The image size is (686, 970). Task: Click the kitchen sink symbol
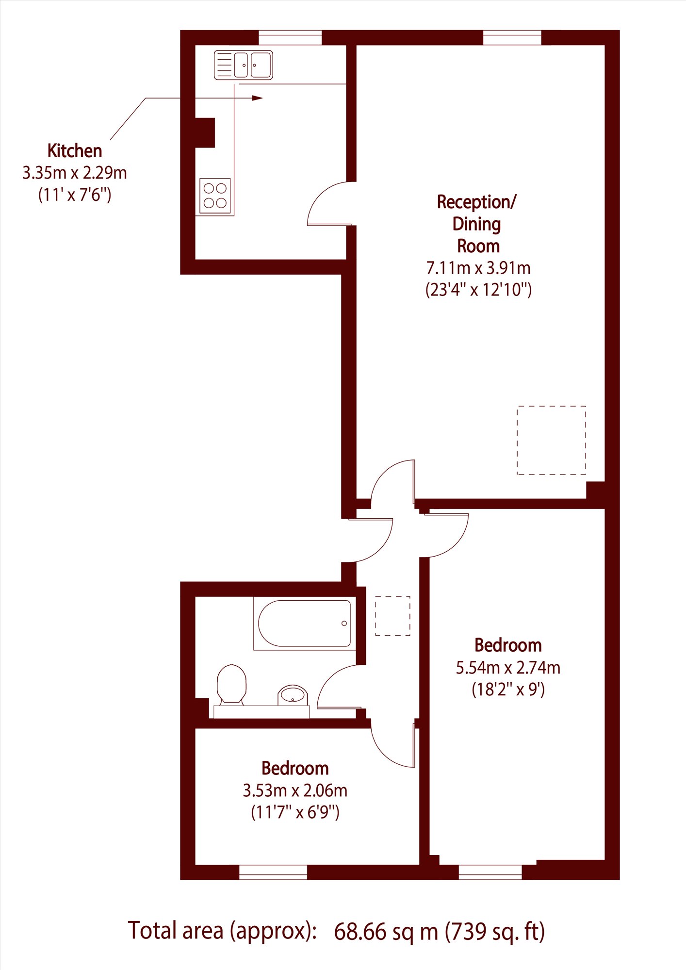244,65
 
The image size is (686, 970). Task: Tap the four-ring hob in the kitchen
215,196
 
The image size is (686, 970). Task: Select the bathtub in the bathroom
305,624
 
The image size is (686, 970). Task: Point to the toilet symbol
231,684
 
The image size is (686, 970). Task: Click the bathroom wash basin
293,695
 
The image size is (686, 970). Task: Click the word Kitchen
75,151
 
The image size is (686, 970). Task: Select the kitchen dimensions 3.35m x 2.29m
75,173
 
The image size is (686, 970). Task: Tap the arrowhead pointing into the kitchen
257,98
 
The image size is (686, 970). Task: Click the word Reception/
477,202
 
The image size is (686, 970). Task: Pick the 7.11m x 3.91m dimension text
478,268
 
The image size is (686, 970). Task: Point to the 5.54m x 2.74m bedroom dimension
508,668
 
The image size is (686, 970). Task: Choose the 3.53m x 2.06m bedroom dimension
295,790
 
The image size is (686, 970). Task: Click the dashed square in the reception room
551,440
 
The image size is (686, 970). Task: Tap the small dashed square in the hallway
392,616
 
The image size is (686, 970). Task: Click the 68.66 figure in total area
360,931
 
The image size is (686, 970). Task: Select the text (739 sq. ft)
495,932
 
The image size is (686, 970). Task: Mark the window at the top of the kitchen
290,37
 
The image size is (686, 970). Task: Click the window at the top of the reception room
512,37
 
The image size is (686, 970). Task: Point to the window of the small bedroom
273,872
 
